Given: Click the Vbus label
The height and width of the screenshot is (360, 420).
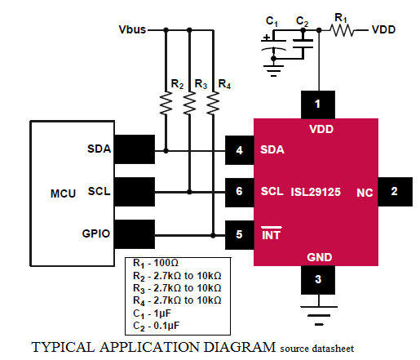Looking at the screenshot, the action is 132,29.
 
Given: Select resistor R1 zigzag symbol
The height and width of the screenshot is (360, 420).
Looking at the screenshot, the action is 342,30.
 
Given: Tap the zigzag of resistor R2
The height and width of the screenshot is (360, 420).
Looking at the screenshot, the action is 166,103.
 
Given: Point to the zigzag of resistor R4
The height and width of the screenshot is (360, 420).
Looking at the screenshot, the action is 213,103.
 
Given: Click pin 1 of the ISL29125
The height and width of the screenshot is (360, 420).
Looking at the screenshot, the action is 318,104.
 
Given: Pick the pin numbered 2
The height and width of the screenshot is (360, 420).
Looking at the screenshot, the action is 395,192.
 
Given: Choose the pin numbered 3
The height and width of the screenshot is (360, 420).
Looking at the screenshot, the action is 318,280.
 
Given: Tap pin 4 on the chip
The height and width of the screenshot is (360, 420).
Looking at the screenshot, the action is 240,150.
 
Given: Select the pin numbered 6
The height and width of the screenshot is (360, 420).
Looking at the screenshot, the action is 240,193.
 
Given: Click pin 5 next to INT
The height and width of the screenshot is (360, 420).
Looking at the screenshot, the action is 240,235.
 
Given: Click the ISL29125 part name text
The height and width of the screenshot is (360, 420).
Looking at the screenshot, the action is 316,192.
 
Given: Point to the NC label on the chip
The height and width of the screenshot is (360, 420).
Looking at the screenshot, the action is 365,193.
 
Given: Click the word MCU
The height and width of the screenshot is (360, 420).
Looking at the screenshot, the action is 63,193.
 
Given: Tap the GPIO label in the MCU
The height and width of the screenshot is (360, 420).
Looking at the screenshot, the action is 96,233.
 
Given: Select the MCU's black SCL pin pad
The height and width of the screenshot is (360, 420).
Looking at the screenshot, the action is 135,192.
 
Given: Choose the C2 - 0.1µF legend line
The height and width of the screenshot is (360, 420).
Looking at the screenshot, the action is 157,326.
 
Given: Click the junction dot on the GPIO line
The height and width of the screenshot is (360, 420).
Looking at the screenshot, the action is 213,235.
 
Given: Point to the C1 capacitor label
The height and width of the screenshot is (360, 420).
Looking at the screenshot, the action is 272,21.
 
